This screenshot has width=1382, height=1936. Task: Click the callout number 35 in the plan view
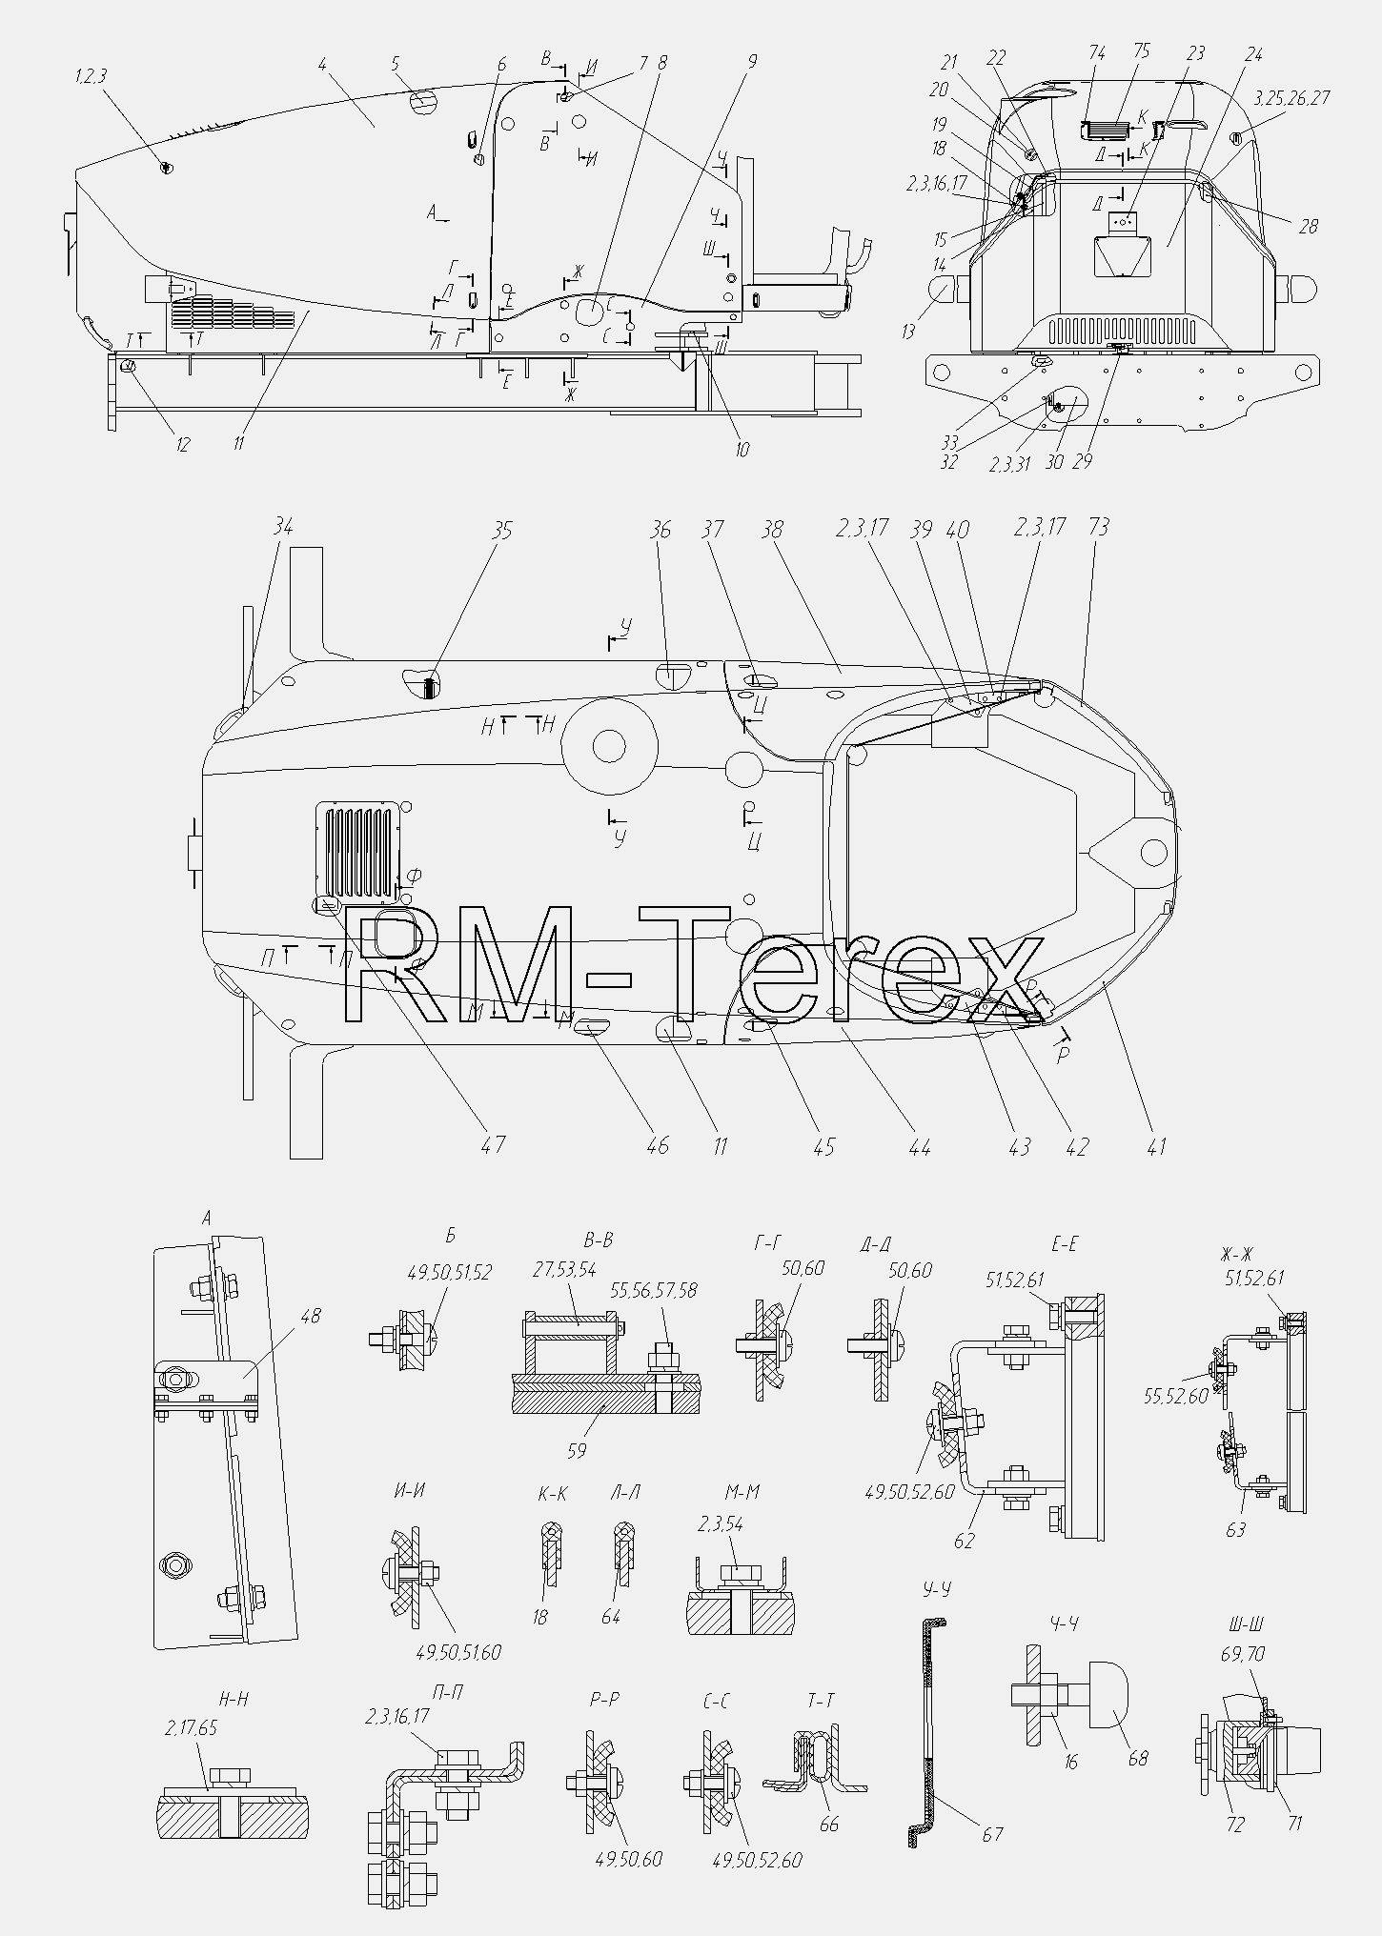click(x=501, y=530)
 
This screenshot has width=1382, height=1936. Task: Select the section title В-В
click(x=598, y=1240)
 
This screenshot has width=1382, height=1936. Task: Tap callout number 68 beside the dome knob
click(x=1139, y=1759)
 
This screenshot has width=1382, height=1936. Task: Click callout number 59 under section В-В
click(x=576, y=1452)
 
